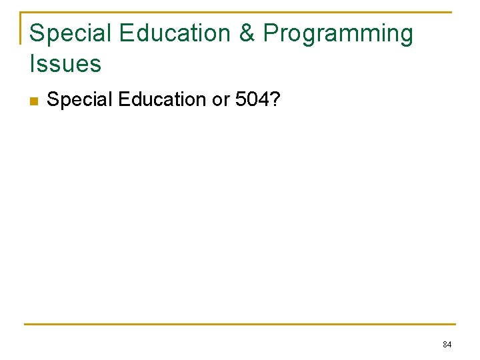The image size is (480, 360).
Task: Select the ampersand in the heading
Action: pos(247,33)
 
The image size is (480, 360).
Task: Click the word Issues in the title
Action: pos(65,64)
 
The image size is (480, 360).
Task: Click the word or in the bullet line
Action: pos(221,100)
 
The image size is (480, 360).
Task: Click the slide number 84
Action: pos(447,345)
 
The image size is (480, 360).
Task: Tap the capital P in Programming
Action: pos(271,33)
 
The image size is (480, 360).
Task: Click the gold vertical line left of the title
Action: pos(21,28)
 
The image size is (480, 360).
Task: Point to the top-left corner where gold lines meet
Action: pos(21,13)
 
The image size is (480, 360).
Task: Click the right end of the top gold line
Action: pos(450,12)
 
